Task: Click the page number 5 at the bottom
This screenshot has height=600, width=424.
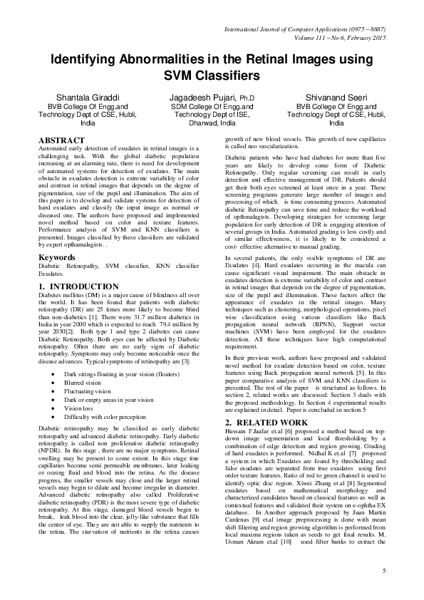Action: click(x=385, y=571)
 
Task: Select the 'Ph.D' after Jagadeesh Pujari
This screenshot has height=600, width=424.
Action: click(x=247, y=98)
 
